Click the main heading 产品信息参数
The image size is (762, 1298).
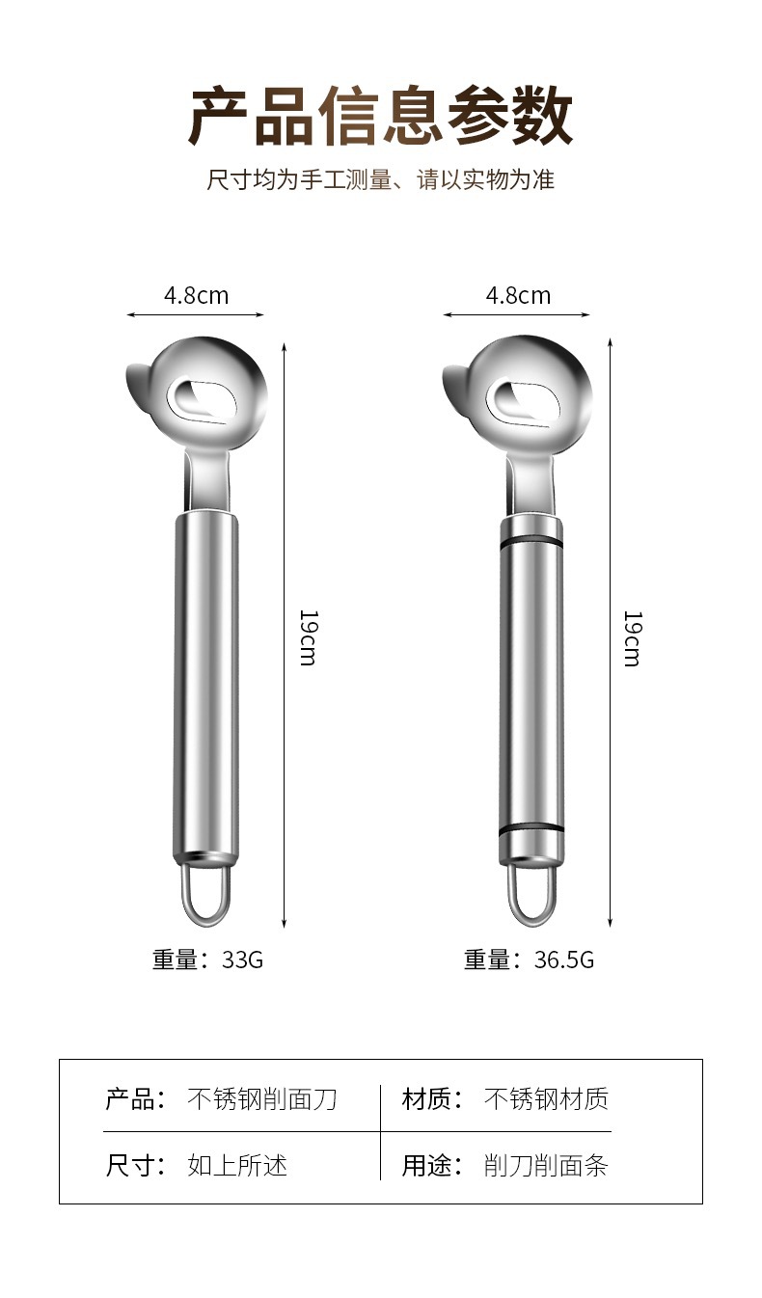pos(381,116)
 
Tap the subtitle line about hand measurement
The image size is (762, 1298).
pos(381,179)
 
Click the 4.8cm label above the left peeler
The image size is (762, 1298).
pos(197,295)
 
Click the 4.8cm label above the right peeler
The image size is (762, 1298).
pos(518,295)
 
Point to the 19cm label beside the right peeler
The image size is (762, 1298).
pos(632,638)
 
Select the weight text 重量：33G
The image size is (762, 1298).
pos(208,960)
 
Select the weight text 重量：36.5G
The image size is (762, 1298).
pos(529,960)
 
